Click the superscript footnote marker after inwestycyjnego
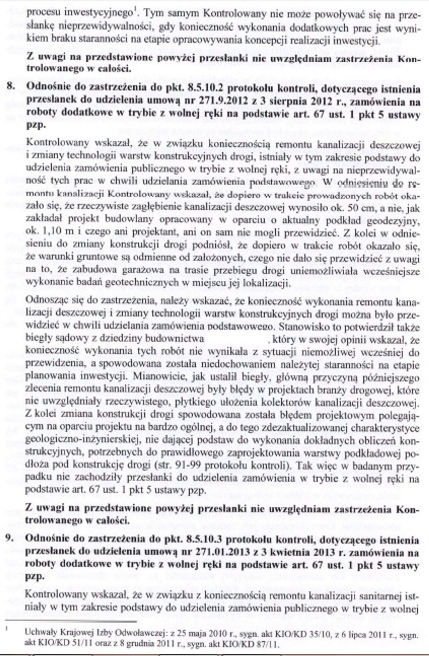135,11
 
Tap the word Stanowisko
300,327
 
